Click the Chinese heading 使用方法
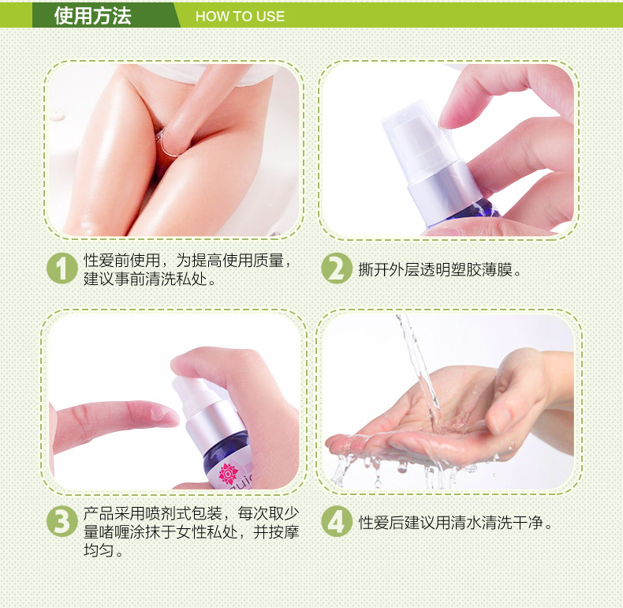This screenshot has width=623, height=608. (x=92, y=16)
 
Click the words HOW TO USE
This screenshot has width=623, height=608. (x=240, y=17)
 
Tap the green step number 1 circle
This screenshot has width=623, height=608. (x=62, y=268)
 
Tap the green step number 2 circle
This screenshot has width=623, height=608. (x=337, y=268)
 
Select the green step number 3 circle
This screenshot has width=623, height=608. (x=62, y=521)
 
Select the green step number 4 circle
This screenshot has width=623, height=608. (x=337, y=521)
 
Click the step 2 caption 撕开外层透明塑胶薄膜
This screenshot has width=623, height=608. (x=435, y=269)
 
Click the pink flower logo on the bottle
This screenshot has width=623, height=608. (x=228, y=473)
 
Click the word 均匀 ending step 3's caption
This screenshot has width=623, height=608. (x=99, y=550)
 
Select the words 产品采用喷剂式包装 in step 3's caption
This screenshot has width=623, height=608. (x=153, y=513)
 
